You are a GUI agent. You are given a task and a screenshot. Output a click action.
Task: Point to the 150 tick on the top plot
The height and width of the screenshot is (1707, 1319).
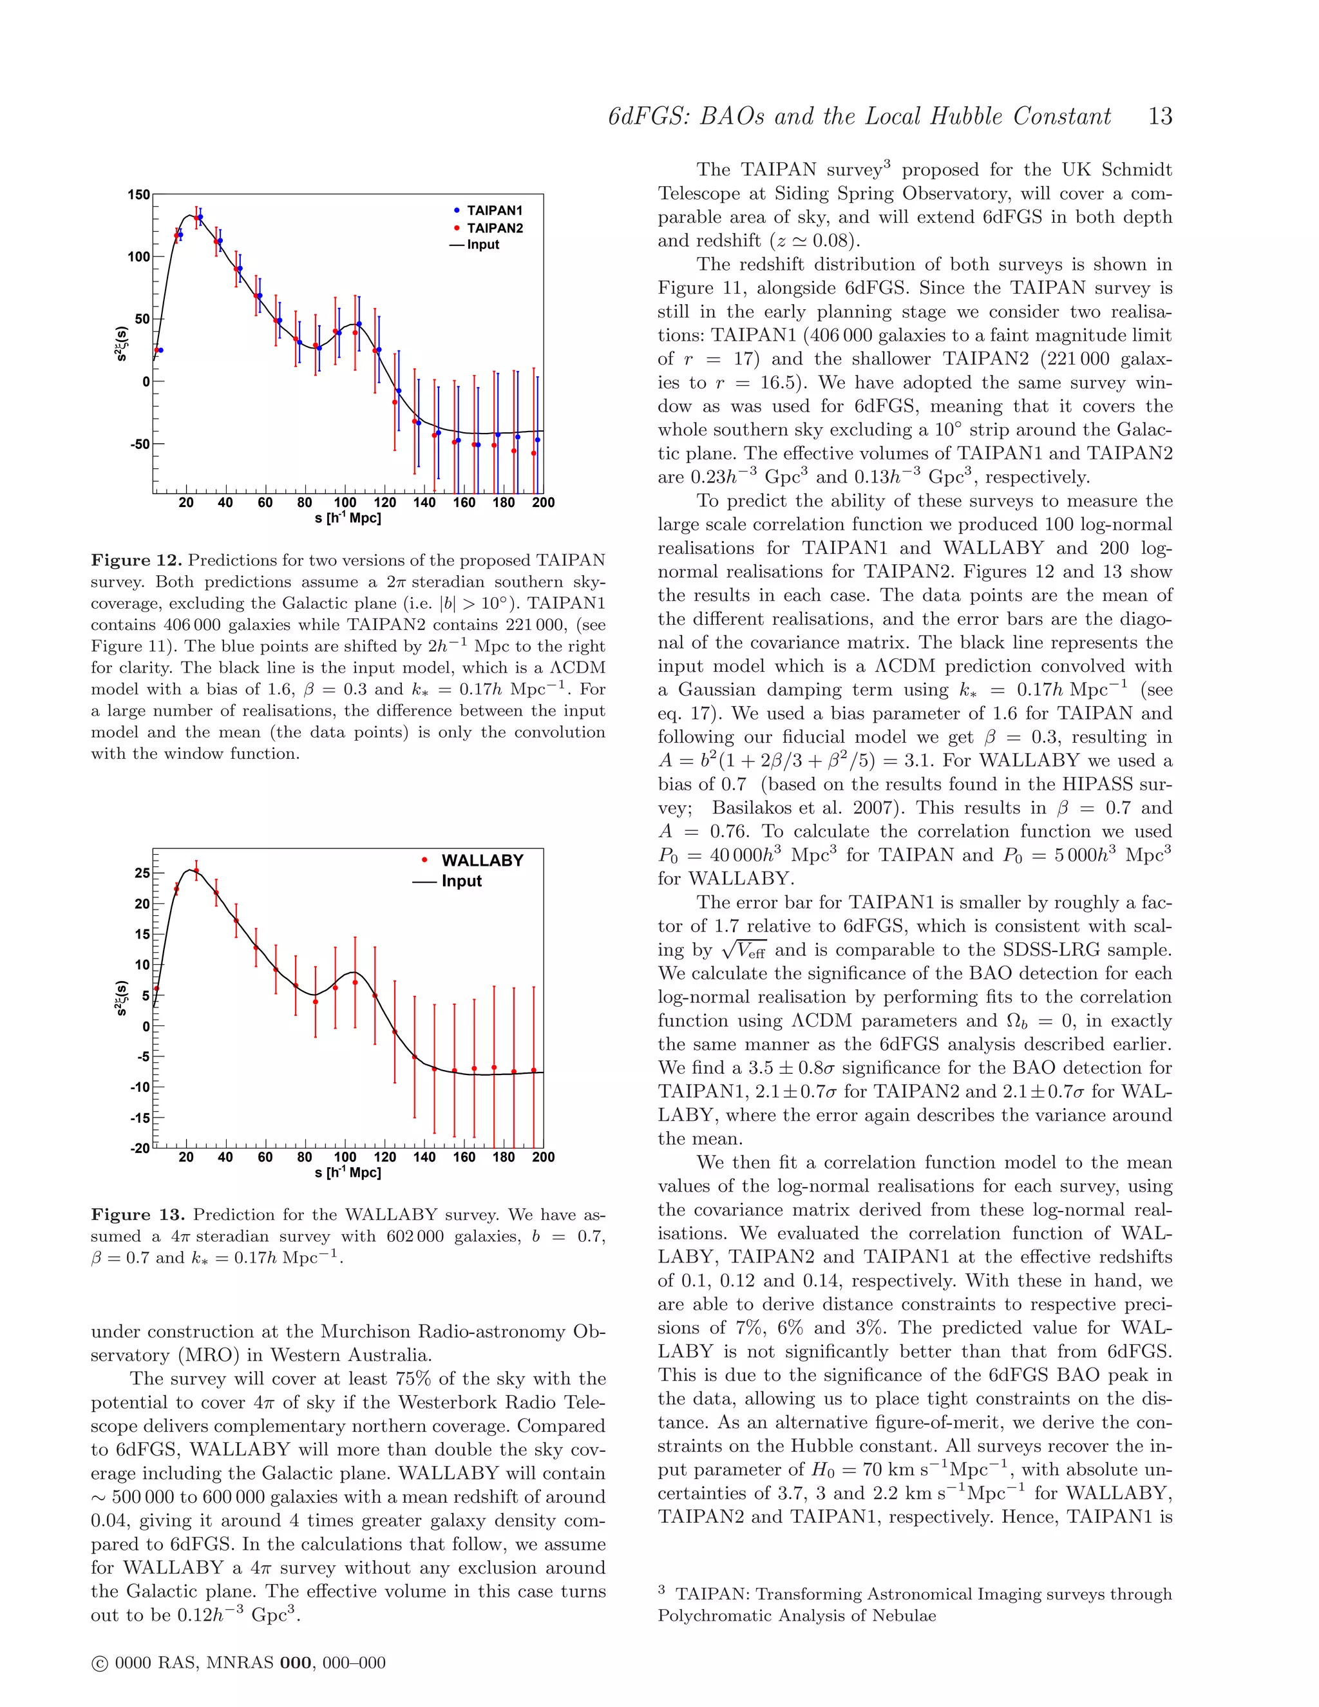click(x=139, y=195)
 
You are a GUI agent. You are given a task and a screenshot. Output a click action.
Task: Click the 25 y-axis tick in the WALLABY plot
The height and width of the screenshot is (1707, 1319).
click(x=142, y=872)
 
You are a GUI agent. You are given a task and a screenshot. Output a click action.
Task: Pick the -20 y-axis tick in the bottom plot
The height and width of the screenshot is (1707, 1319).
click(x=140, y=1148)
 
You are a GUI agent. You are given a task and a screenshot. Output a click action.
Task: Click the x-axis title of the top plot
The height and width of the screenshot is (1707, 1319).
click(x=348, y=518)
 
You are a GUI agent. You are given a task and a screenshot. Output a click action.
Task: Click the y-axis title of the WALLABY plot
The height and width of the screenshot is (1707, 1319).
click(x=121, y=998)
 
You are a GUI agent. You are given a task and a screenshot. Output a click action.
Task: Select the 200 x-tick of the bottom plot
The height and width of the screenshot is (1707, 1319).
click(x=543, y=1158)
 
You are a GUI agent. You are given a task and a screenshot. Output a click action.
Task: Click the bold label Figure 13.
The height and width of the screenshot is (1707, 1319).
click(x=138, y=1215)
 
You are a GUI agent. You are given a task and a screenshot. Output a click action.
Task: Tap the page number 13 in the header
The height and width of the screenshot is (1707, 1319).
click(x=1159, y=117)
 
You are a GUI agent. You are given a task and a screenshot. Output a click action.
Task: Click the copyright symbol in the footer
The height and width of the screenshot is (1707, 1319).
click(x=99, y=1663)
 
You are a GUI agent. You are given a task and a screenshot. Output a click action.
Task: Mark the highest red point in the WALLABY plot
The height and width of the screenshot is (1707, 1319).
click(x=196, y=870)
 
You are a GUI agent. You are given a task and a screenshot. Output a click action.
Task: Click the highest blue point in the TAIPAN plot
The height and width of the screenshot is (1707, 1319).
click(x=200, y=217)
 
